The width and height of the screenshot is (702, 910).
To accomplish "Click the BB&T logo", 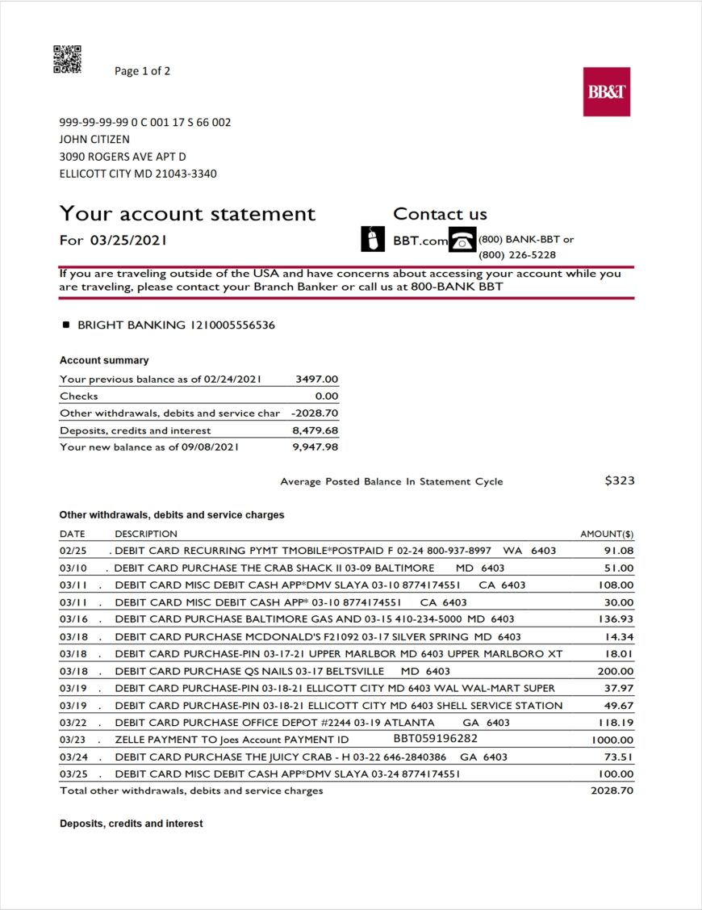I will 606,92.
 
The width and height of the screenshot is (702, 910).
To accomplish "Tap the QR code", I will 67,60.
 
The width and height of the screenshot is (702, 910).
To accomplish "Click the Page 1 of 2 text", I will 142,71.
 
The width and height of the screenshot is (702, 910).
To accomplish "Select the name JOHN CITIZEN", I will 94,140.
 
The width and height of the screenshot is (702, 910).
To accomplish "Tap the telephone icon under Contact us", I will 462,240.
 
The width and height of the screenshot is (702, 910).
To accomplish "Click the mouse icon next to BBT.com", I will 370,239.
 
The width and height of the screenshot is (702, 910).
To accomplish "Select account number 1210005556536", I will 232,325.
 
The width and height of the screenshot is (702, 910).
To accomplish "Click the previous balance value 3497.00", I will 317,379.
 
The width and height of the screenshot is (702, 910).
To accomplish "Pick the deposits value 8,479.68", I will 315,430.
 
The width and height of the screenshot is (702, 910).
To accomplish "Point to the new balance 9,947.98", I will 315,447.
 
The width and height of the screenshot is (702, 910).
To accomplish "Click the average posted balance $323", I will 619,480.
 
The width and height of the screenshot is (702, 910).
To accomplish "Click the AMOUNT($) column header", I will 607,534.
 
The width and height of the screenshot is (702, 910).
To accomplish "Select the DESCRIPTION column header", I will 146,534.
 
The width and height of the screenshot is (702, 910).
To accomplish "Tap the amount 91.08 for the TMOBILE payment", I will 619,551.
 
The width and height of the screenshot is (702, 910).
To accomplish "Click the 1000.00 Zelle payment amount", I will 612,740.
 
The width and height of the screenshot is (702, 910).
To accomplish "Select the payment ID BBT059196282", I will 436,739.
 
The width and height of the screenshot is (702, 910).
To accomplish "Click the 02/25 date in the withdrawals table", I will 72,551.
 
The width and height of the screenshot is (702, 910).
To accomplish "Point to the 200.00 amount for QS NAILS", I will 616,671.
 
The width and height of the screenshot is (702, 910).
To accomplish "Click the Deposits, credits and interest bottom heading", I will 131,824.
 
